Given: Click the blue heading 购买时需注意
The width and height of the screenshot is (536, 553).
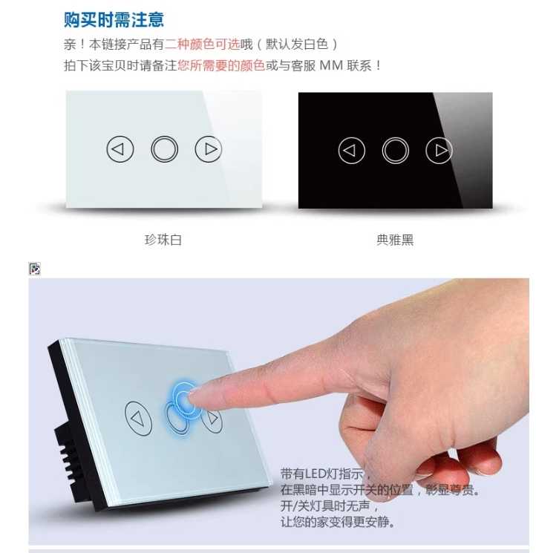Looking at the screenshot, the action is [x=114, y=20].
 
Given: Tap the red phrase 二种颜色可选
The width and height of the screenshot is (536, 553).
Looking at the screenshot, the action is [x=203, y=45].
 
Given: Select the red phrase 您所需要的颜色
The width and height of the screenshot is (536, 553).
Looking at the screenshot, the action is [x=221, y=65].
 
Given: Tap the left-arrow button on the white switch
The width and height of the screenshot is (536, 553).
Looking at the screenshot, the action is [x=120, y=149].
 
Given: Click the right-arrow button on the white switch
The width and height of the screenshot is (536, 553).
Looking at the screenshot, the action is [x=209, y=149].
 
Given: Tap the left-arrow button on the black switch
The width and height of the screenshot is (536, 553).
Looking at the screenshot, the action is [x=352, y=151].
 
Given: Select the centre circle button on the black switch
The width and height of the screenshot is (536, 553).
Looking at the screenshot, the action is [x=395, y=151].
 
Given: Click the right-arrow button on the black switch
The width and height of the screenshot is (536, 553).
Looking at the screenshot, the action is [x=439, y=151].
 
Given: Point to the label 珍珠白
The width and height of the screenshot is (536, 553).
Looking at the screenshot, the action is [x=163, y=240].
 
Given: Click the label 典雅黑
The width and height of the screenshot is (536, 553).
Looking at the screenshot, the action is [x=395, y=240].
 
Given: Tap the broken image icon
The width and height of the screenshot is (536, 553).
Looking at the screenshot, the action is [x=35, y=269].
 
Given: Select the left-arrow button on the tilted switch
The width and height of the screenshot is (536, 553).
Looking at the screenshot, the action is [x=139, y=419].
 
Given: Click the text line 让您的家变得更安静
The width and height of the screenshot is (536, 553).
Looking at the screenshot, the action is [x=337, y=522].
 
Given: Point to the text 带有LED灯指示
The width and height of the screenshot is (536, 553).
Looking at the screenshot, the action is [x=322, y=474].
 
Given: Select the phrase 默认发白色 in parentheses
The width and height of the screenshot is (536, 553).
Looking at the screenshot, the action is [x=297, y=45].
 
